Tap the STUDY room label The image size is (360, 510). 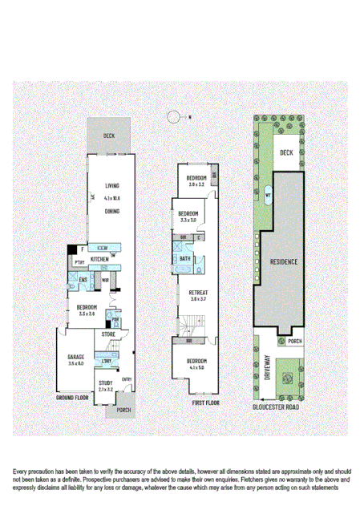coord(106,384)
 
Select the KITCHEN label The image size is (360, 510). coord(100,260)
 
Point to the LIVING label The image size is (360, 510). coord(111,186)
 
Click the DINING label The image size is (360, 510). coord(111,211)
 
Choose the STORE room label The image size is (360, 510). coord(108,334)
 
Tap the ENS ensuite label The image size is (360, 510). coord(82,279)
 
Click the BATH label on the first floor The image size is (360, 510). coord(184,259)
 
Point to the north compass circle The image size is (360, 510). coord(174,117)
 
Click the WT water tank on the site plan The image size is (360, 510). coord(268,192)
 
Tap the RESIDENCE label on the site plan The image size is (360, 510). coord(284,262)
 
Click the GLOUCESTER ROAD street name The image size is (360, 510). coord(286,407)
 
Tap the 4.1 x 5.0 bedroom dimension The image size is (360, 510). coord(197,368)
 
